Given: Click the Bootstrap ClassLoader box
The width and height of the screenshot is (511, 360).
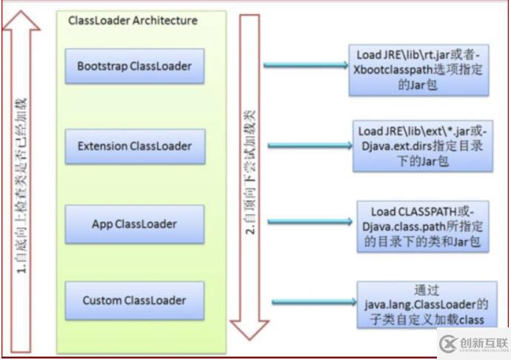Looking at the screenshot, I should [x=134, y=67].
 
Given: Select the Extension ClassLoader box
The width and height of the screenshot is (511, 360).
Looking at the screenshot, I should [x=134, y=146].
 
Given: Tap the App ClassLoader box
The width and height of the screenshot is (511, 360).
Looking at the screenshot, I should [x=134, y=224].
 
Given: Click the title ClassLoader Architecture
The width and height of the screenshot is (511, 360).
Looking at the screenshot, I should [x=133, y=21].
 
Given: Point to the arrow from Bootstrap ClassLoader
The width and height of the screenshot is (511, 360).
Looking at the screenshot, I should [x=304, y=66].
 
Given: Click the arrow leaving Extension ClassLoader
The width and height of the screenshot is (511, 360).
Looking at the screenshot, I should [x=304, y=145].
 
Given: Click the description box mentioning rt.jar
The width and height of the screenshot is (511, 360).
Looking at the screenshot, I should [x=419, y=70].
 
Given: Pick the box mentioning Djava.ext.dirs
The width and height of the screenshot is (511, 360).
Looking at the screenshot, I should [x=421, y=146].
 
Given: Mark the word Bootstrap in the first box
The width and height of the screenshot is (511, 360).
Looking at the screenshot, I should [x=102, y=67].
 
